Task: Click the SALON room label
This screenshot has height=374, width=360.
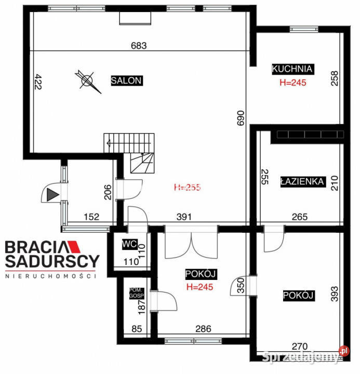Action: coord(126,81)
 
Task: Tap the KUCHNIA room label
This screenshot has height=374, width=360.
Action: coord(292,68)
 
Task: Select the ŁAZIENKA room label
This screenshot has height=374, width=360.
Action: coord(302,181)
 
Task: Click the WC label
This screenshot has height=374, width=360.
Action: coord(129,244)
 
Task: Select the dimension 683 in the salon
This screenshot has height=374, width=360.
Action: coord(139,45)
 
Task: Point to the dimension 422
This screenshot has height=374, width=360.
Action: coord(37,82)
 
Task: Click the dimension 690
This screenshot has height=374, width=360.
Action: coord(240,118)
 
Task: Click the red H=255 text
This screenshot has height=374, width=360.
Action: coord(187,188)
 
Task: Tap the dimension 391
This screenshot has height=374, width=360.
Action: coord(185,217)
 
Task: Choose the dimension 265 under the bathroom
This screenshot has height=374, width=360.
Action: coord(300,217)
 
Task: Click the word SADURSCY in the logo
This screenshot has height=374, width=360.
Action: coord(52,261)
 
